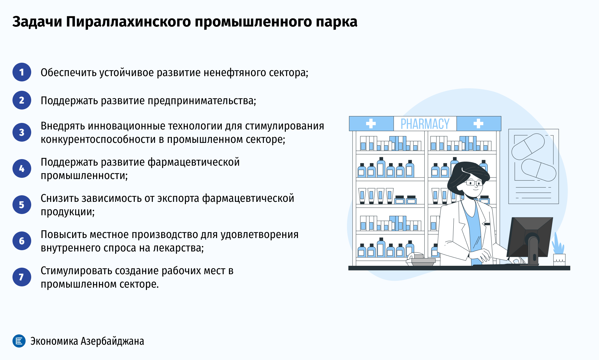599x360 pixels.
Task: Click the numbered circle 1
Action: (x=22, y=72)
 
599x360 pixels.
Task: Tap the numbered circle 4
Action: (x=22, y=168)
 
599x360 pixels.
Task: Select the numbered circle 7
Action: (x=22, y=277)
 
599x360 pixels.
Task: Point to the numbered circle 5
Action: (x=22, y=205)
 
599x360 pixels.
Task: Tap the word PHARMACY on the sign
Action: (x=425, y=124)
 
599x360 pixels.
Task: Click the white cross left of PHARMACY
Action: (x=371, y=124)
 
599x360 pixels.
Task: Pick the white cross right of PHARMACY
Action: (x=478, y=124)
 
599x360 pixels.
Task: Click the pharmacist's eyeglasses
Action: (x=474, y=183)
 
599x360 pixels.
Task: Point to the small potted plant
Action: (x=559, y=250)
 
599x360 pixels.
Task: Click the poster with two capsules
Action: (x=533, y=166)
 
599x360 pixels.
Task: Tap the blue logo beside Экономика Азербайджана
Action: (x=19, y=341)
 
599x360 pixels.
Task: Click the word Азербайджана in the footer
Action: (x=112, y=341)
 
